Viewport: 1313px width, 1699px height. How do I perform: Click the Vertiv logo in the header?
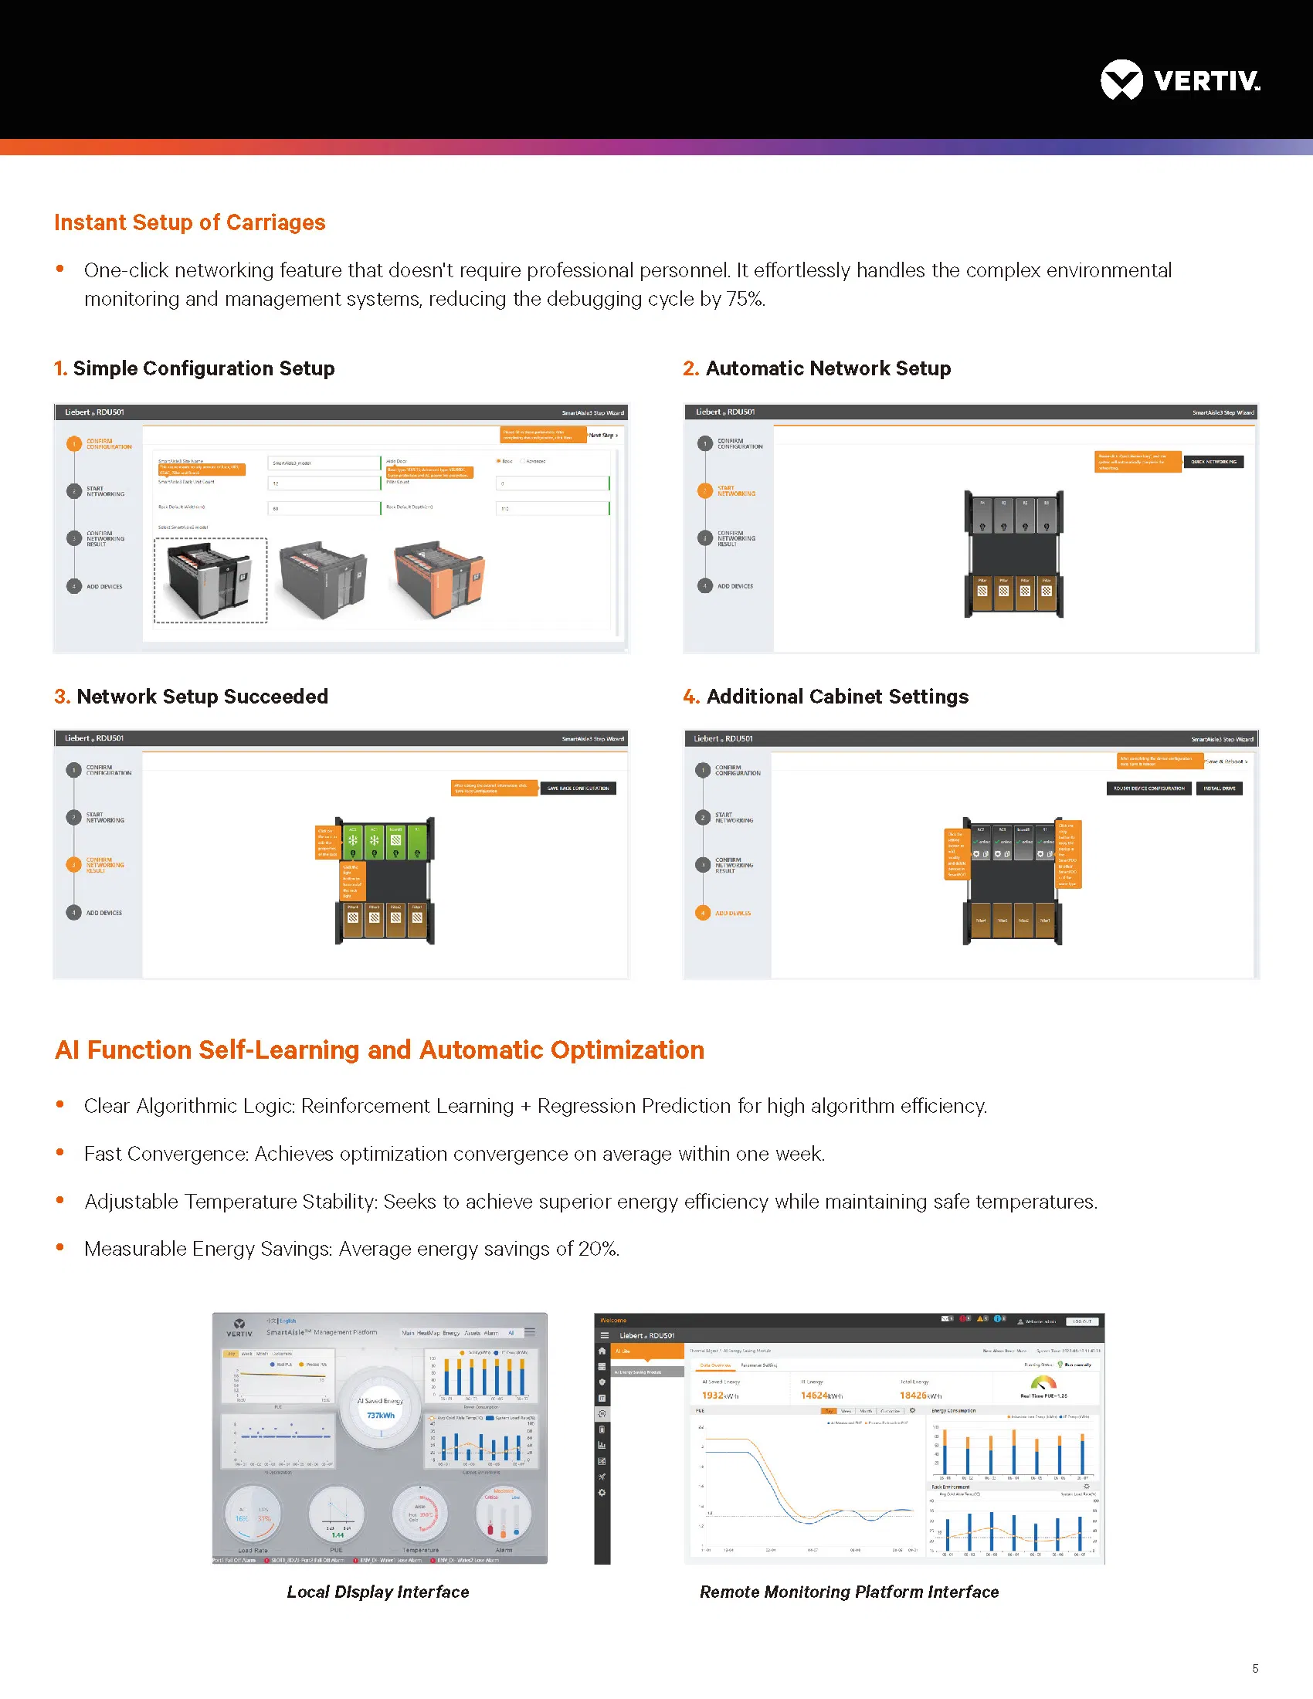(1179, 80)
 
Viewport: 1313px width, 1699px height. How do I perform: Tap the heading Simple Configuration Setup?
(203, 368)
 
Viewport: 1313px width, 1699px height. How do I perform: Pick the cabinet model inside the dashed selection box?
(211, 580)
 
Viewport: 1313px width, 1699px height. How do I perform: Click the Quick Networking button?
(1213, 462)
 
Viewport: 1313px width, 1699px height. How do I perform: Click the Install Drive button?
(1219, 788)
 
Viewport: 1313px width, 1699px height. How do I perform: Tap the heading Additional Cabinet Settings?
(837, 697)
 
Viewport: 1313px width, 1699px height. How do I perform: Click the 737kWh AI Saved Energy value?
(380, 1415)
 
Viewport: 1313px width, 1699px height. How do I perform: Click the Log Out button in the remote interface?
(1081, 1321)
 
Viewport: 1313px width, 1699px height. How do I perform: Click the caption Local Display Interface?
(378, 1592)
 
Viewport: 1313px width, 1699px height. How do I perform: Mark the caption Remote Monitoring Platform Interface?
(849, 1592)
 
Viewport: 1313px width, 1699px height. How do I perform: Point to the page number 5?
(1255, 1668)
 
